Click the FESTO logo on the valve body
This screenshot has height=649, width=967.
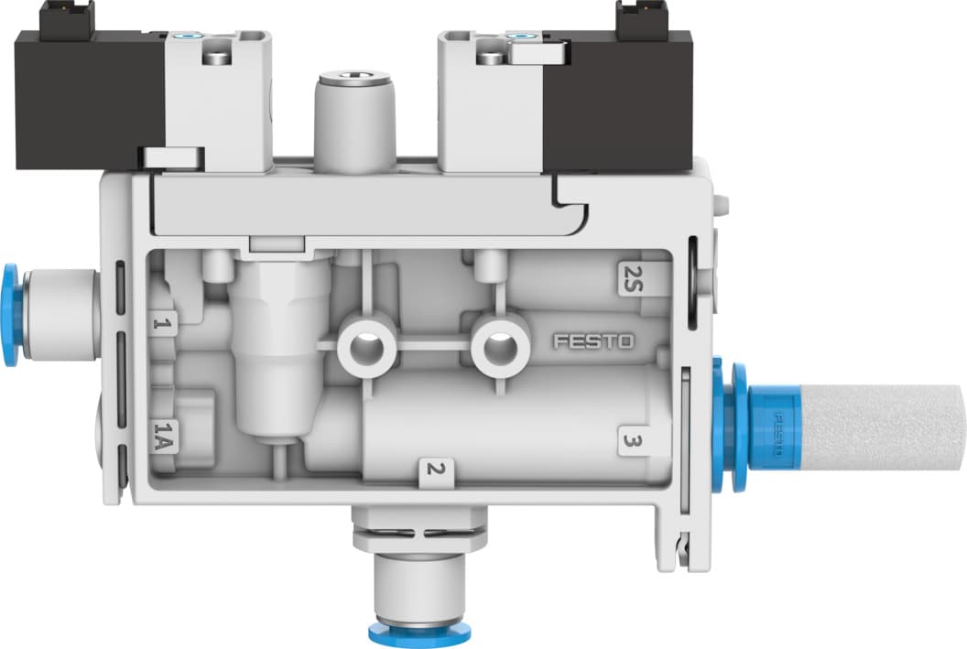pyautogui.click(x=592, y=341)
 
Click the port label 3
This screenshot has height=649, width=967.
pyautogui.click(x=630, y=440)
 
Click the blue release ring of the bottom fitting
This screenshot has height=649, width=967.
pyautogui.click(x=402, y=632)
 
